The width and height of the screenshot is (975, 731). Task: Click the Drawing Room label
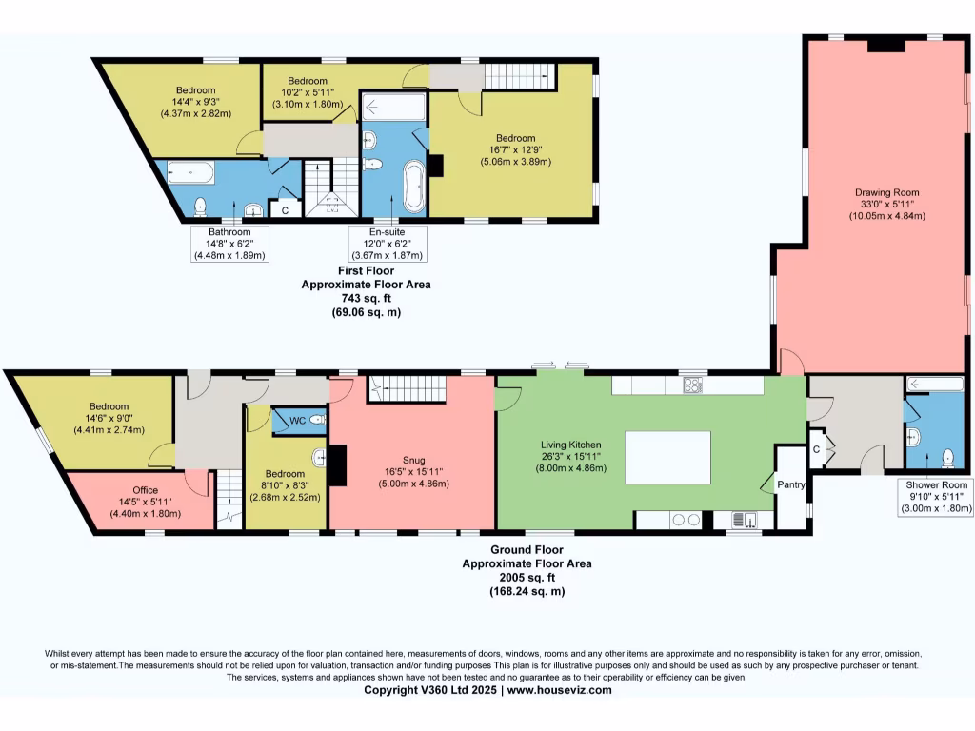885,192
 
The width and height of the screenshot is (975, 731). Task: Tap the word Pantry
791,484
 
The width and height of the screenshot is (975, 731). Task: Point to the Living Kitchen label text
568,445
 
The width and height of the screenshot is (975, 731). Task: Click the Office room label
146,491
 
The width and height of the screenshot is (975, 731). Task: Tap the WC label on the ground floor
297,420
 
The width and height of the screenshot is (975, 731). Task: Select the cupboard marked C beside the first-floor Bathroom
284,208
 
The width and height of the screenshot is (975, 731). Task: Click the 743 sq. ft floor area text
367,298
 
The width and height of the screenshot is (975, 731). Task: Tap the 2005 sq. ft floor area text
527,577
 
